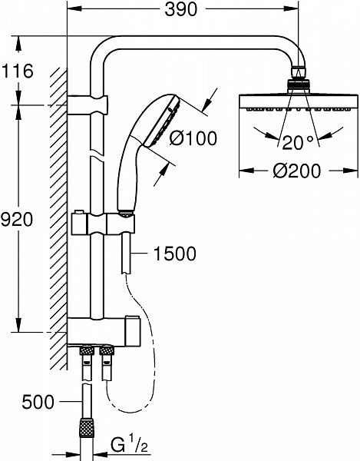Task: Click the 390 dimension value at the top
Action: click(x=181, y=9)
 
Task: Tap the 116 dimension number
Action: click(x=17, y=71)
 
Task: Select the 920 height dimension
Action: click(x=16, y=219)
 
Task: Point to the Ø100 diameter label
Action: click(x=193, y=138)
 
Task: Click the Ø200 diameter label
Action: click(x=296, y=171)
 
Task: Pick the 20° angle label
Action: click(x=297, y=142)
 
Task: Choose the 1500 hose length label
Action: click(x=175, y=254)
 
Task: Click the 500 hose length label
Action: click(x=38, y=402)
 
